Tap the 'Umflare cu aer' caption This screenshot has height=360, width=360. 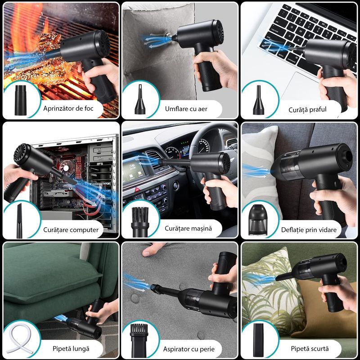(x=186, y=109)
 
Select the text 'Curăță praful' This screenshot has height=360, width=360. (x=307, y=109)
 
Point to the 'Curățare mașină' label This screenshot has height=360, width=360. (x=188, y=229)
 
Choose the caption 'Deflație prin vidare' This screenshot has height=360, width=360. (x=309, y=230)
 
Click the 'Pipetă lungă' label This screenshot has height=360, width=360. (x=71, y=348)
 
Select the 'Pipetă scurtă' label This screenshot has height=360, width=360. (x=310, y=348)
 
